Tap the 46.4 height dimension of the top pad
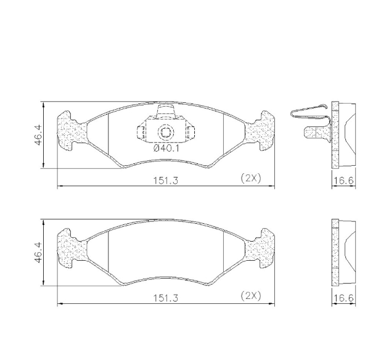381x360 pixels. (38, 135)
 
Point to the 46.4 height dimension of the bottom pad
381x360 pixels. (38, 253)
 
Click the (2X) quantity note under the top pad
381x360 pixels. (250, 178)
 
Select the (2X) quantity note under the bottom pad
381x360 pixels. (250, 296)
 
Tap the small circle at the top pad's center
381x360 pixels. (165, 131)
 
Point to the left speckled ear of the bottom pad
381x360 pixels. (71, 248)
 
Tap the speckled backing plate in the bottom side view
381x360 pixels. (336, 253)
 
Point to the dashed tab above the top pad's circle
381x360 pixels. (165, 112)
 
